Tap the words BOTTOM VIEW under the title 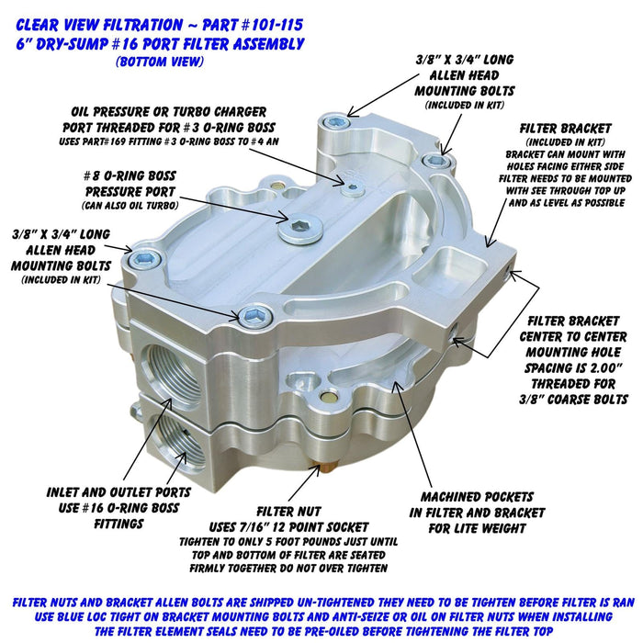click(162, 62)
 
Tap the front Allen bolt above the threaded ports click(253, 317)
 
